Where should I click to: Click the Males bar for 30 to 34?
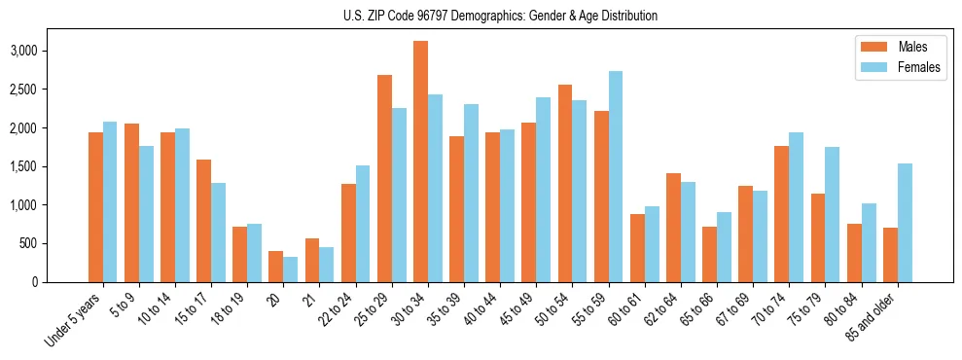[x=420, y=162]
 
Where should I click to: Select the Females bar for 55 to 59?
[x=616, y=176]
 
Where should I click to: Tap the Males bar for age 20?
[x=276, y=267]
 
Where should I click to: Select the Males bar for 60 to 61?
[x=637, y=248]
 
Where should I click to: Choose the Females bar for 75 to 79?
[x=833, y=214]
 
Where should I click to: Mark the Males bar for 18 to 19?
[x=240, y=254]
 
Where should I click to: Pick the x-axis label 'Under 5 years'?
[x=73, y=316]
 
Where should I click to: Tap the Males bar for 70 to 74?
[x=782, y=214]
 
